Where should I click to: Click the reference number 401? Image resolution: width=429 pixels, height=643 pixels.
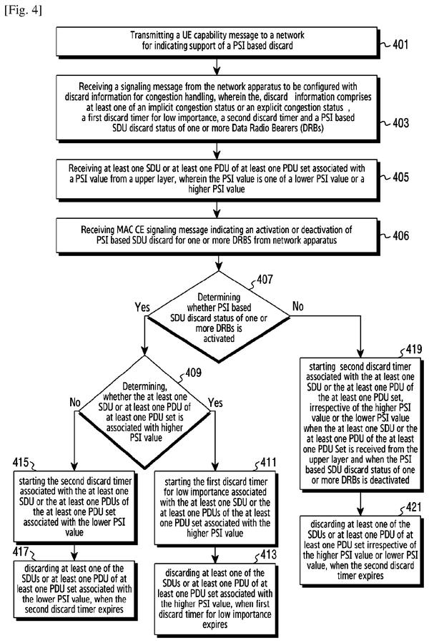400,44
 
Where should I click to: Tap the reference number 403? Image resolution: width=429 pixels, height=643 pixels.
400,122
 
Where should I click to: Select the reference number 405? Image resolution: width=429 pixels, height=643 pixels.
400,177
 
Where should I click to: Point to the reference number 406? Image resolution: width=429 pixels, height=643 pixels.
400,235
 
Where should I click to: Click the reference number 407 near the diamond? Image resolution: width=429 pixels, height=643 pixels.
265,280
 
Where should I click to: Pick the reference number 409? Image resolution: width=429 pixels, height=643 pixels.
193,373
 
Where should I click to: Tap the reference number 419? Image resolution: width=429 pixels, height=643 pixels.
413,349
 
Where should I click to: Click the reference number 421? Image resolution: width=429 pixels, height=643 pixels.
413,507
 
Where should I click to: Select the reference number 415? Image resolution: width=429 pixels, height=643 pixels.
21,463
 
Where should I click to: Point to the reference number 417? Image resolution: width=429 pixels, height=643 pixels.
21,551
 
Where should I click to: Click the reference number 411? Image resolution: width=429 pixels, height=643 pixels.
269,463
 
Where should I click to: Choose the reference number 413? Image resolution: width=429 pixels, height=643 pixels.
269,555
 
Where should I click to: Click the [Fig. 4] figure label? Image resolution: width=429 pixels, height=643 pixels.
23,10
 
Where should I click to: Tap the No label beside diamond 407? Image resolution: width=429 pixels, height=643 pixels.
297,306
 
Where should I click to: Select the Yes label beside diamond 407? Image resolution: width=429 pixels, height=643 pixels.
142,307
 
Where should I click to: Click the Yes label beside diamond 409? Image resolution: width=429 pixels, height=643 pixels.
215,403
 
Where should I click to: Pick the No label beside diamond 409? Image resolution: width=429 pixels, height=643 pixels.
75,402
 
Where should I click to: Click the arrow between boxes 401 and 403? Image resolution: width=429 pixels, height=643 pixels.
217,65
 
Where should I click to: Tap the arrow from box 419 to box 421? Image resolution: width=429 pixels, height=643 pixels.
360,503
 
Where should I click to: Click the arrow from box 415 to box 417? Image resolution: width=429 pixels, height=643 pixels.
74,551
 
